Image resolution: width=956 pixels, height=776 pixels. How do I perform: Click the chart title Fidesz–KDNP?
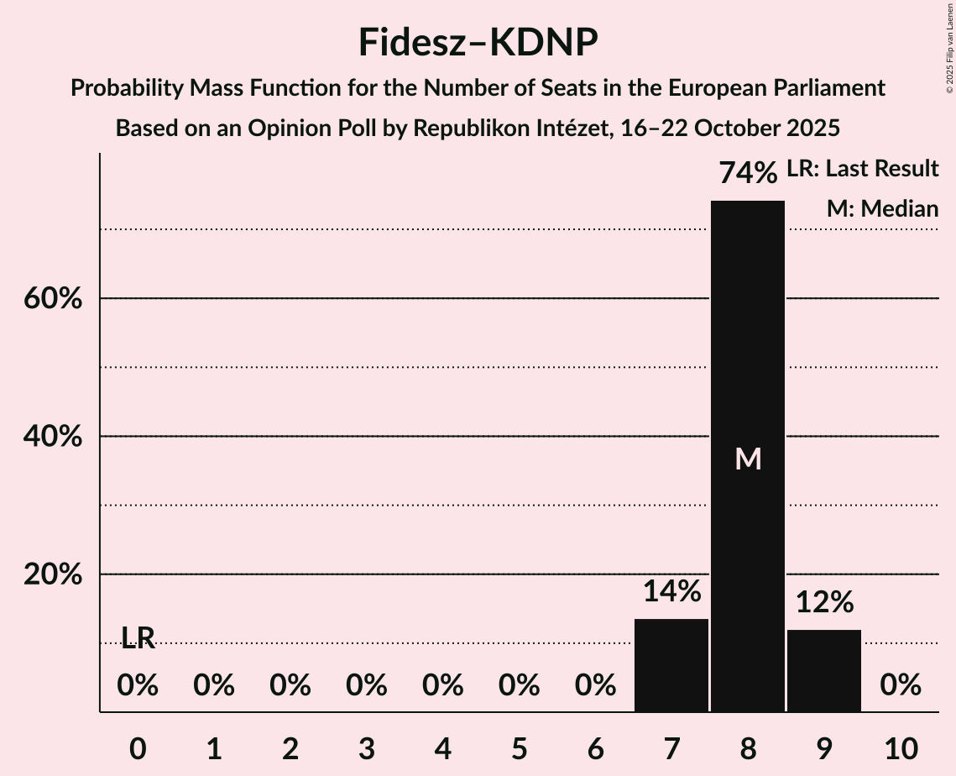pyautogui.click(x=478, y=42)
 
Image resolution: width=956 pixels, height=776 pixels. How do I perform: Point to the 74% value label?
pyautogui.click(x=747, y=173)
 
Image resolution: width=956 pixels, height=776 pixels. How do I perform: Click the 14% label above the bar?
pyautogui.click(x=671, y=591)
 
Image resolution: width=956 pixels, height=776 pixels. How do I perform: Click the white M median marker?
pyautogui.click(x=747, y=459)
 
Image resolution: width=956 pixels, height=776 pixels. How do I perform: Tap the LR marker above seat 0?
pyautogui.click(x=138, y=638)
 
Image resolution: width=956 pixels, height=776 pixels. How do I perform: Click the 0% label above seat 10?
pyautogui.click(x=900, y=686)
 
